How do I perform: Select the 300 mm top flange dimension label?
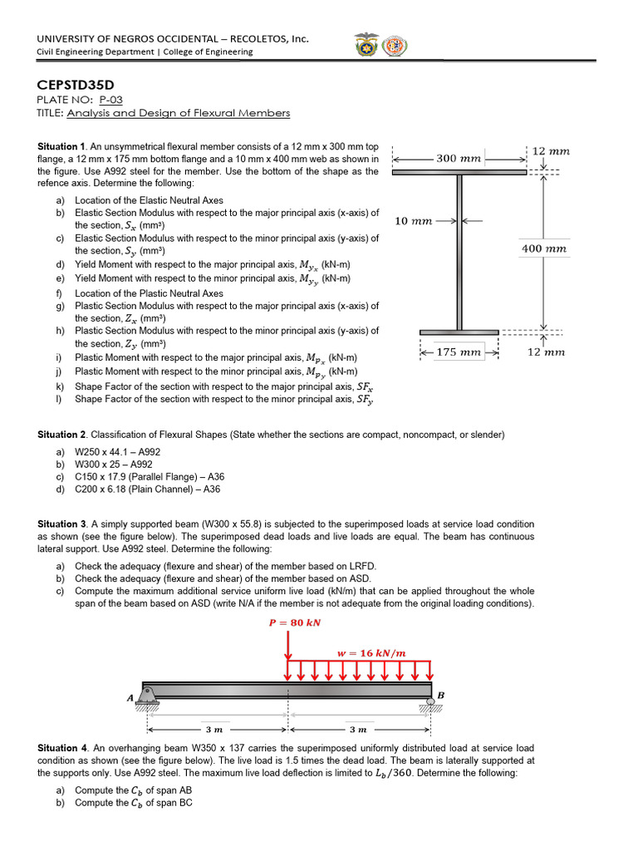point(459,158)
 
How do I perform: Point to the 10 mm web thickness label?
point(413,221)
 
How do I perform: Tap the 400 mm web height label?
point(544,248)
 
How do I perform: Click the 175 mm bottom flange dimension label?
point(459,352)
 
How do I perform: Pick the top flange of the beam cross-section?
point(459,172)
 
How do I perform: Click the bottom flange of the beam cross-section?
point(459,332)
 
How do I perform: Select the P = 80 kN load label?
point(288,622)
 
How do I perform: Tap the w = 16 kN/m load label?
point(371,652)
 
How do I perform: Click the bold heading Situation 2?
point(62,435)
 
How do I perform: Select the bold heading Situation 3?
point(62,524)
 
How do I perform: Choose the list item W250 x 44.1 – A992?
point(117,452)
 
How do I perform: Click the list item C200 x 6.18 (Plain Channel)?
point(146,489)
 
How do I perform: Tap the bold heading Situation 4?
point(62,748)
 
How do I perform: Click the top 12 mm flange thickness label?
point(551,151)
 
